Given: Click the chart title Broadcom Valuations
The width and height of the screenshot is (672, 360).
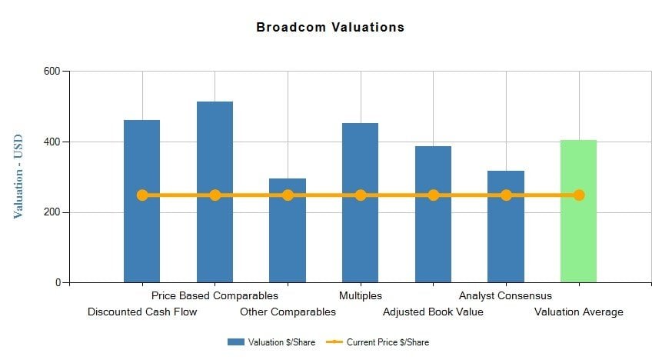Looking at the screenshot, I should pos(330,28).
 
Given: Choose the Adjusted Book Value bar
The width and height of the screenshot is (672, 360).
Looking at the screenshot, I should pos(433,238).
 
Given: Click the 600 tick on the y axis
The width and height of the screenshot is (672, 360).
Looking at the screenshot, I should pos(52,72).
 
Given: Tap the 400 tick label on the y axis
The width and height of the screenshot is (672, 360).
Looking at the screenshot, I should pos(52,142).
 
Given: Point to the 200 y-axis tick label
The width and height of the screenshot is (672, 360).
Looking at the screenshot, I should pos(52,212).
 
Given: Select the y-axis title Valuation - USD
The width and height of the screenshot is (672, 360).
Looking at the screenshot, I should pos(18,176).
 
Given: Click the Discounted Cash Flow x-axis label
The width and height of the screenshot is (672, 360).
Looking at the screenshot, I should pos(142,312).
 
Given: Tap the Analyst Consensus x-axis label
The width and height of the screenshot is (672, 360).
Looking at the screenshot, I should pos(505,295).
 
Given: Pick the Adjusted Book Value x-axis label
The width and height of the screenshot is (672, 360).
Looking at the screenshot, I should pos(433,312).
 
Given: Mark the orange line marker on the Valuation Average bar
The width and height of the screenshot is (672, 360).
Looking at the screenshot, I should pos(579,195).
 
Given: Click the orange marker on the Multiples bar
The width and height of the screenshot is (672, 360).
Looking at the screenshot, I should pos(361,195).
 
